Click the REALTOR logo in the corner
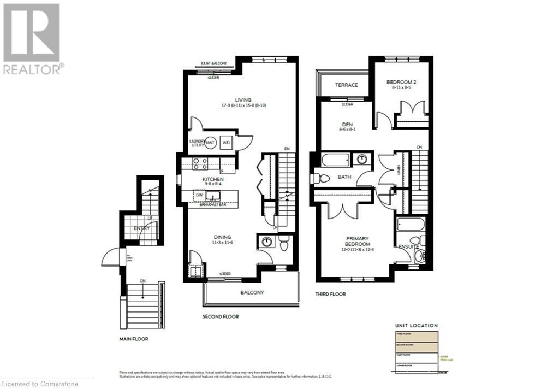click(31, 38)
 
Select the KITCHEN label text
click(213, 179)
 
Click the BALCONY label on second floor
click(252, 292)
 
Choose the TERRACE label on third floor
click(347, 85)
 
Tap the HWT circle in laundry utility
click(211, 143)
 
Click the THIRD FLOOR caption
click(330, 293)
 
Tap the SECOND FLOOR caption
click(221, 316)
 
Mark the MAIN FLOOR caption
click(134, 339)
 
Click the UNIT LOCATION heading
click(415, 326)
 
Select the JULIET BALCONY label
click(215, 63)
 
